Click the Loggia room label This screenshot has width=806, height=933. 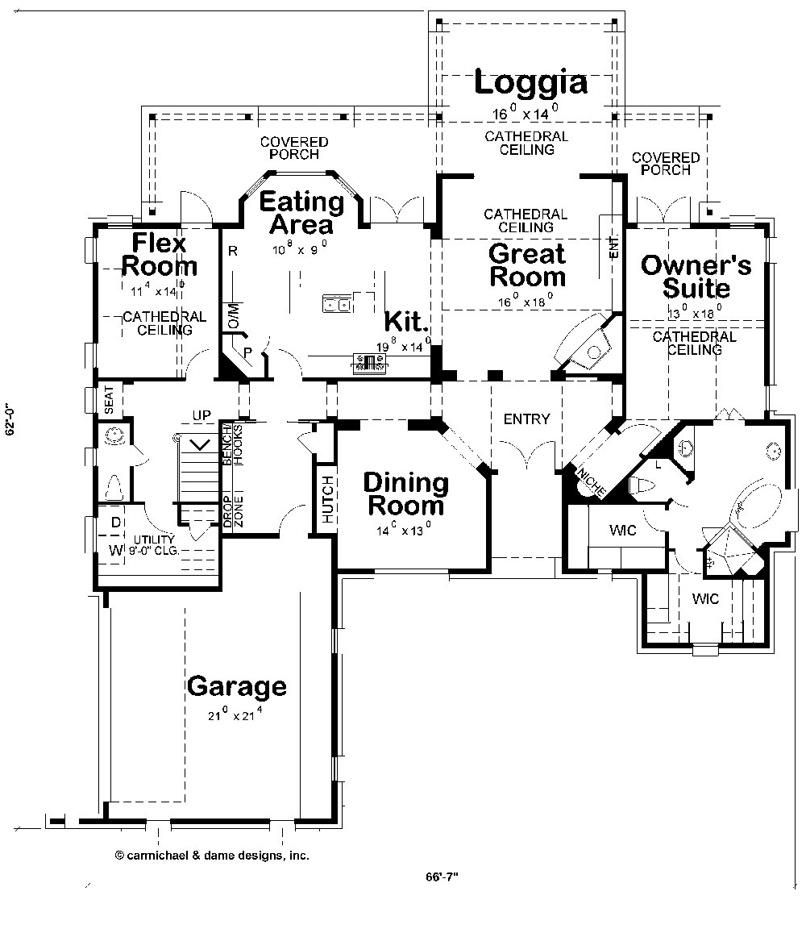[530, 83]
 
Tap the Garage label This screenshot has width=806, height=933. [236, 687]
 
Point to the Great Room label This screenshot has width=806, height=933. [527, 265]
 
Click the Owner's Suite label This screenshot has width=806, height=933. [696, 276]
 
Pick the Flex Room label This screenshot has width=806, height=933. [159, 254]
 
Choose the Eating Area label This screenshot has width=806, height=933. [301, 212]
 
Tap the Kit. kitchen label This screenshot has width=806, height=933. [405, 321]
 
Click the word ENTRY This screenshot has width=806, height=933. [526, 419]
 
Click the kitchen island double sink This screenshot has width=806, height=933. [337, 304]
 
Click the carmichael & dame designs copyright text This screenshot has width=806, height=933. [212, 856]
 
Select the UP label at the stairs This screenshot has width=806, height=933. [201, 415]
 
